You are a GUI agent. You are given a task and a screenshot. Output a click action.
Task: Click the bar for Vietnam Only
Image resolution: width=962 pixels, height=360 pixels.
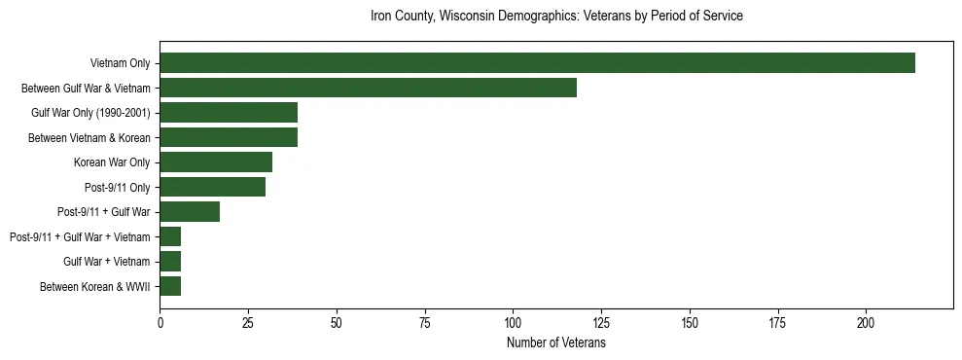537,62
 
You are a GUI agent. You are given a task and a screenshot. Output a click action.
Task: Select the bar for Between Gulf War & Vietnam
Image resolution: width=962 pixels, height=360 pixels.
368,88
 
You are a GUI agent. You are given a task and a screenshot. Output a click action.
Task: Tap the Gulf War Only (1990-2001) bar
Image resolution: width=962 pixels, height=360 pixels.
229,112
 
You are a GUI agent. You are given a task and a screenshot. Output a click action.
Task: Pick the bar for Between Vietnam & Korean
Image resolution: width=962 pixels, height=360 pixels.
229,137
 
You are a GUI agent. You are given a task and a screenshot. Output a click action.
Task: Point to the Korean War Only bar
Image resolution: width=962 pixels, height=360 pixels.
216,162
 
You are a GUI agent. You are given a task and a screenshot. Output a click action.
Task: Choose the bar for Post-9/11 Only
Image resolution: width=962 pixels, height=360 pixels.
212,187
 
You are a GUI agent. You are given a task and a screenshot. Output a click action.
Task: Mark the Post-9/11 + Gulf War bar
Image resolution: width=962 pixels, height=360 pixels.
190,211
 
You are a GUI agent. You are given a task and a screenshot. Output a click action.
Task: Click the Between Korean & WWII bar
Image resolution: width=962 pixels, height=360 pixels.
170,286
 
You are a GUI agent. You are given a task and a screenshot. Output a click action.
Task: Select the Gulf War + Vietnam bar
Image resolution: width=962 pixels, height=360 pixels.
170,261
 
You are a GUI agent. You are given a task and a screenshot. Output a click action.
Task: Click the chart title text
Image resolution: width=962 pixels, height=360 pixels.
556,17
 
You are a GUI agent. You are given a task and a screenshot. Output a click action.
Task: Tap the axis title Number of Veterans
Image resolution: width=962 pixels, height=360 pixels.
556,343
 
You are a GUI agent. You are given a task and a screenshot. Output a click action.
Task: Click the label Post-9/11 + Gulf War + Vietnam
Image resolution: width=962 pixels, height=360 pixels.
80,236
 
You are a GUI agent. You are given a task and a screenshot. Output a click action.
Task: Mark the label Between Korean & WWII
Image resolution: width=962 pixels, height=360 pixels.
95,286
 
